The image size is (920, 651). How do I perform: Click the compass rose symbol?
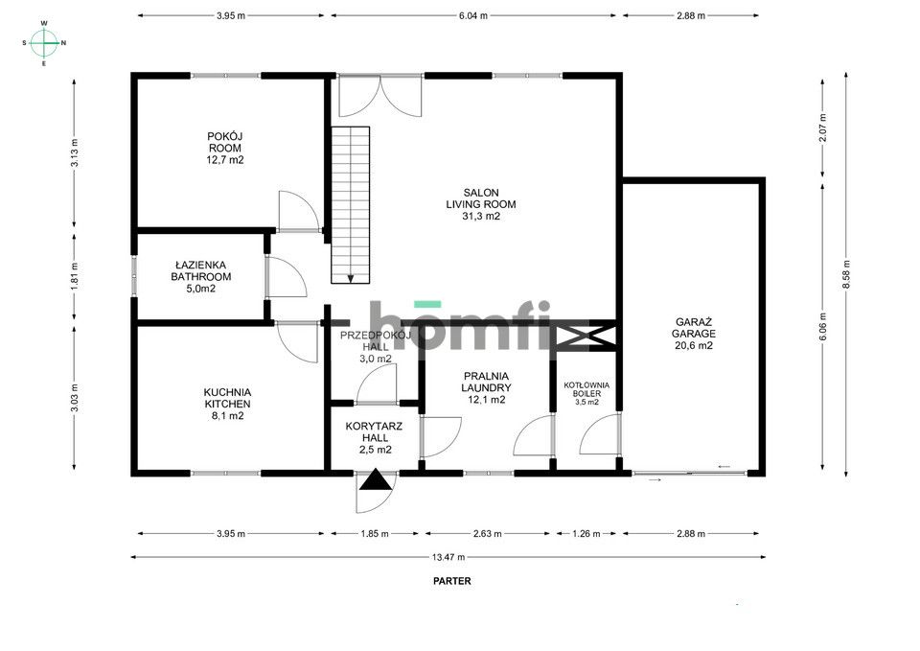tap(44, 42)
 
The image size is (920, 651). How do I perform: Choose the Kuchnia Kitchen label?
tap(227, 404)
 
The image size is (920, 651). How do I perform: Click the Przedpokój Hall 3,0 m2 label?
tap(375, 346)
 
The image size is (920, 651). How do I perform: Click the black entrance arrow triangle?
tap(375, 480)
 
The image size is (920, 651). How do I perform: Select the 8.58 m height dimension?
tap(846, 274)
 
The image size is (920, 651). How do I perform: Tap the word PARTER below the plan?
tap(451, 581)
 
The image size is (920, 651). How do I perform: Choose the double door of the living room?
tap(380, 96)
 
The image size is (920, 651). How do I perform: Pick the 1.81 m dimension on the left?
tap(75, 276)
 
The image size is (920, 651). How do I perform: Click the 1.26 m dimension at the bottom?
tap(586, 533)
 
